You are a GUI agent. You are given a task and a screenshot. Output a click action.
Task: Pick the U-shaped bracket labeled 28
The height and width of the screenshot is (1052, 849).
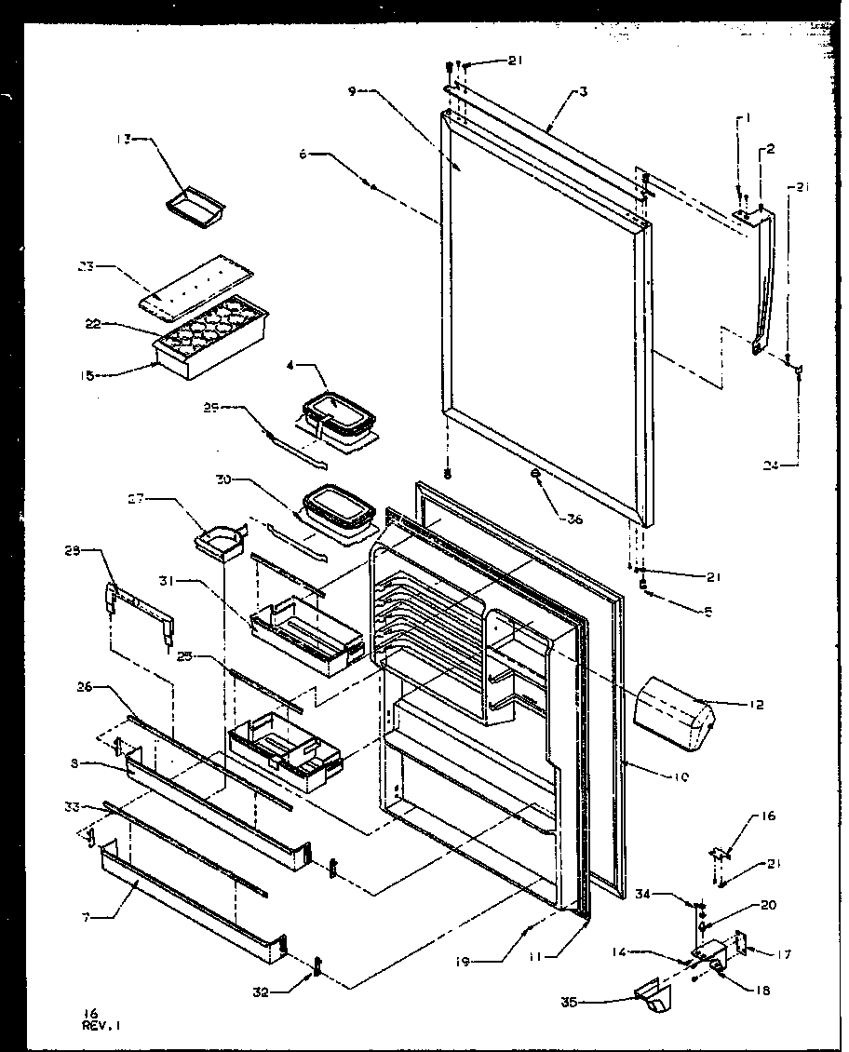140,611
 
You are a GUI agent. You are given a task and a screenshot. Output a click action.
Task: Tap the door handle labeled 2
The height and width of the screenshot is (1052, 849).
762,279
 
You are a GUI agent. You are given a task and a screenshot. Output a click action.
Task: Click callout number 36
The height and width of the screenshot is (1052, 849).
573,519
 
